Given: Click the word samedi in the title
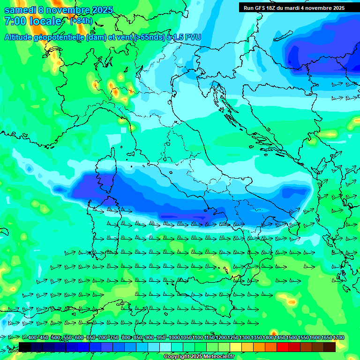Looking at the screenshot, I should pyautogui.click(x=19, y=10).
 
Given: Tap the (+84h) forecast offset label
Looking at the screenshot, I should pyautogui.click(x=81, y=21).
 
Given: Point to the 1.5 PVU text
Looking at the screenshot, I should pyautogui.click(x=184, y=37).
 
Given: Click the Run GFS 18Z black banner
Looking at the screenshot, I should pyautogui.click(x=294, y=7).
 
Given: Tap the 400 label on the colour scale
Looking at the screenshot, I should pyautogui.click(x=32, y=338).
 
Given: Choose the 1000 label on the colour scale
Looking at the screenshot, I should pyautogui.click(x=174, y=338).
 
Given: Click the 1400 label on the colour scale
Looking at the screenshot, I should pyautogui.click(x=268, y=338).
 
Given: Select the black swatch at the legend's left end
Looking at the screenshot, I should pyautogui.click(x=25, y=347).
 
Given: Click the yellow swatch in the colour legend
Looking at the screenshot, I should pyautogui.click(x=247, y=347).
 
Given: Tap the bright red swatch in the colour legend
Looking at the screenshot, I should pyautogui.click(x=283, y=347).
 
